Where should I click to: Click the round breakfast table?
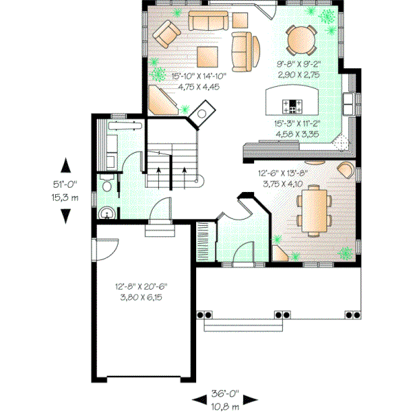pos(301,39)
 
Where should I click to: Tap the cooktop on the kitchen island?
pos(294,106)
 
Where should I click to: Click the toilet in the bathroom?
pos(106,187)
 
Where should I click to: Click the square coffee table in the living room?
pos(208,55)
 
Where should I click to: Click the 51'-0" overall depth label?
pos(65,184)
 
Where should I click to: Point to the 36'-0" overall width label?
pos(224,394)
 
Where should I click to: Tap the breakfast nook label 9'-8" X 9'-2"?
pos(301,67)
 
